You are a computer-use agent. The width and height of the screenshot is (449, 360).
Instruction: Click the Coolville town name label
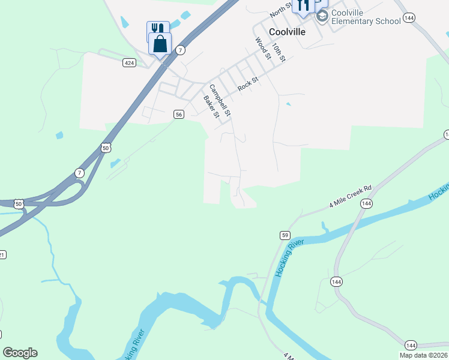click(x=279, y=32)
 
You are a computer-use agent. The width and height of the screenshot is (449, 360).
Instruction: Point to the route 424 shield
click(x=129, y=62)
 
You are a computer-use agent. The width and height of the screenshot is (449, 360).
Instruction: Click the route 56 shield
click(x=178, y=114)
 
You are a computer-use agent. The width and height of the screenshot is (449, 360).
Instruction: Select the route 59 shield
click(x=285, y=235)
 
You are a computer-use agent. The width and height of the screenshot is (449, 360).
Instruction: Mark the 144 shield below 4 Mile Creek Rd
click(x=366, y=204)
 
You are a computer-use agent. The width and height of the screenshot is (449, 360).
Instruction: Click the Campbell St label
click(x=220, y=100)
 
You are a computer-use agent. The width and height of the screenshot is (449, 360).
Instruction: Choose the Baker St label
click(x=211, y=107)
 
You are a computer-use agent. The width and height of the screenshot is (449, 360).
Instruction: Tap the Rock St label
click(x=247, y=83)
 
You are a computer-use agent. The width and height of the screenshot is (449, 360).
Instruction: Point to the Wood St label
click(x=262, y=49)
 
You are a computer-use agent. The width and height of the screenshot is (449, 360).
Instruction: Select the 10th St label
click(x=279, y=52)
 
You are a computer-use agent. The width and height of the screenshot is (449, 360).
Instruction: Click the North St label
click(x=280, y=8)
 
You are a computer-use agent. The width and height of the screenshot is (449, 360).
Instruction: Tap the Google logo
click(x=20, y=353)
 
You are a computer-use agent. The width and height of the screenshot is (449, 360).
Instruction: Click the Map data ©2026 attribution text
click(x=423, y=355)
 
